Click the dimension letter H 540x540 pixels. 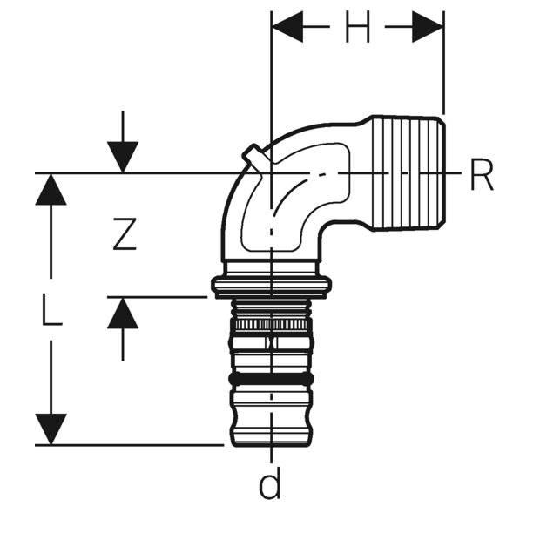357,30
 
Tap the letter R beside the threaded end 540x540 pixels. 482,174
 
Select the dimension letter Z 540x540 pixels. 125,233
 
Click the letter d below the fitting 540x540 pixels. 270,484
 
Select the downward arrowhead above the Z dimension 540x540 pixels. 124,157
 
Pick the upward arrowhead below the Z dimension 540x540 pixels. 124,313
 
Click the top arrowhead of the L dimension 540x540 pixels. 51,188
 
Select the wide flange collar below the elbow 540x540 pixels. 271,285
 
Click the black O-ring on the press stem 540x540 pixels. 271,380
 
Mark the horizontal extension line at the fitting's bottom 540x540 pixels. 131,444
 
